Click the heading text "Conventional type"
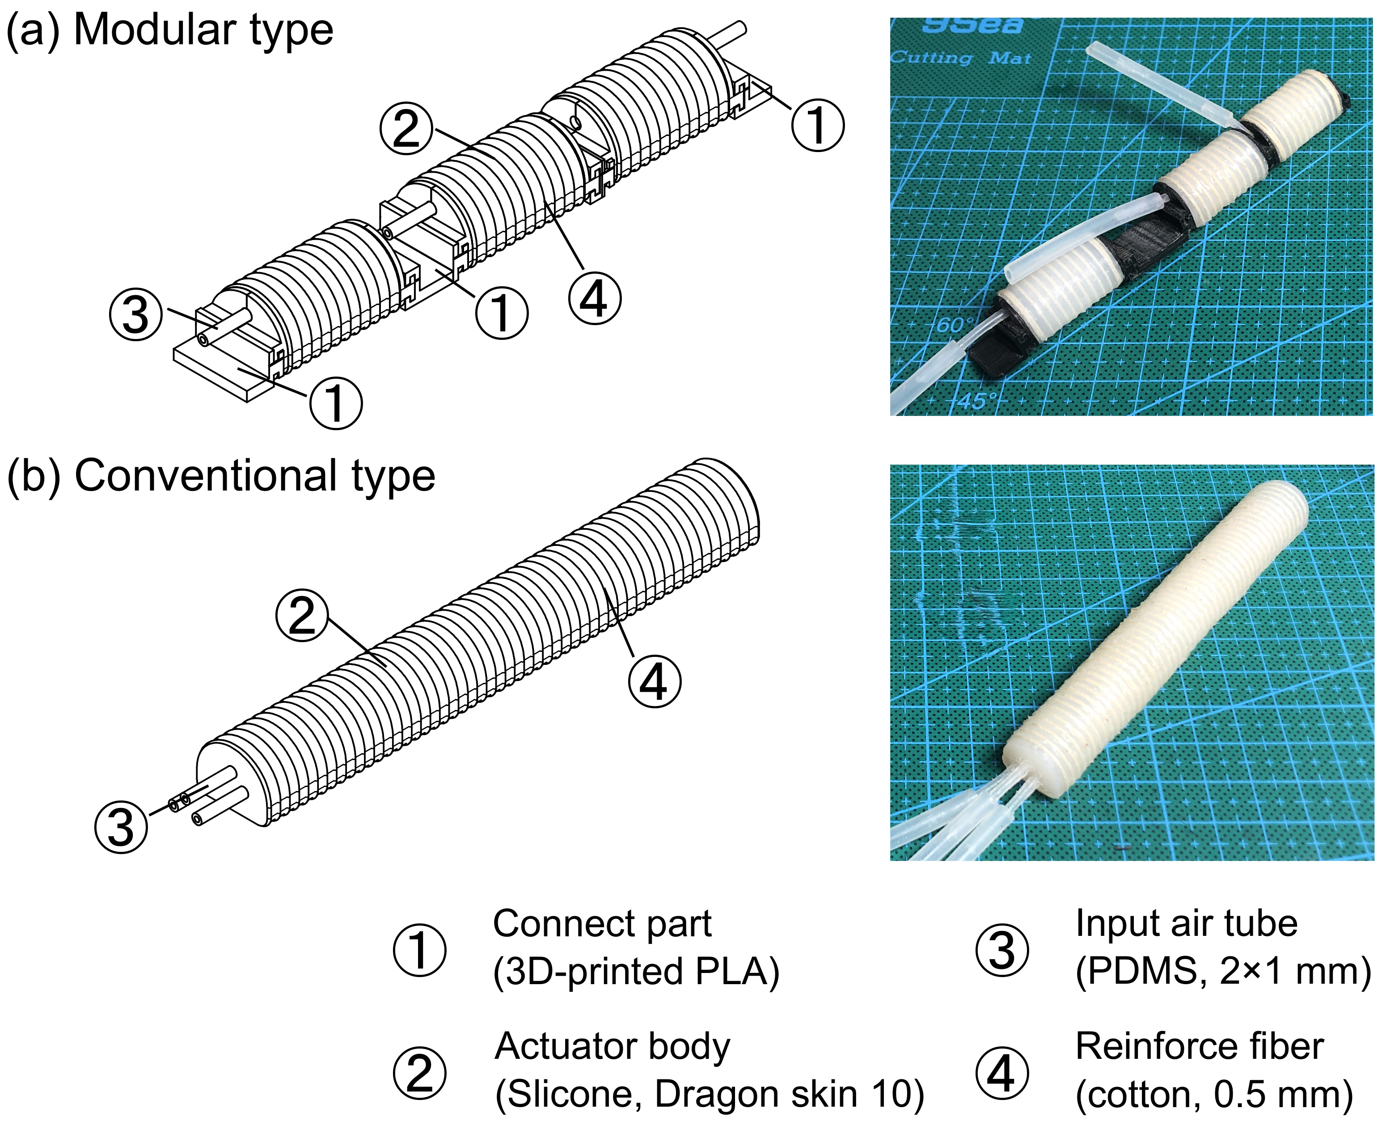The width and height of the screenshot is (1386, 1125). coord(255,476)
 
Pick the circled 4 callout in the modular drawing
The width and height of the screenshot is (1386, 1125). coord(594,299)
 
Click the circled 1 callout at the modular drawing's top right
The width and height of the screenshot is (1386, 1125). coord(818,125)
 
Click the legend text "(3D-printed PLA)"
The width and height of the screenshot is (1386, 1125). coord(636,972)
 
